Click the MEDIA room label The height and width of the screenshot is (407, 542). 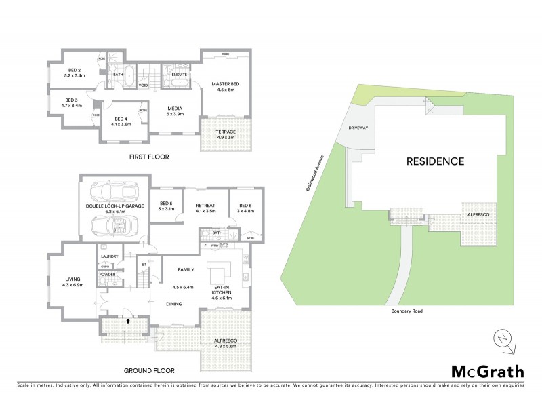(x=175, y=109)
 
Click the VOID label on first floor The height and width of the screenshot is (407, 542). (x=143, y=86)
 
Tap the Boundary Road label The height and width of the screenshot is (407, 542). (x=406, y=311)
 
